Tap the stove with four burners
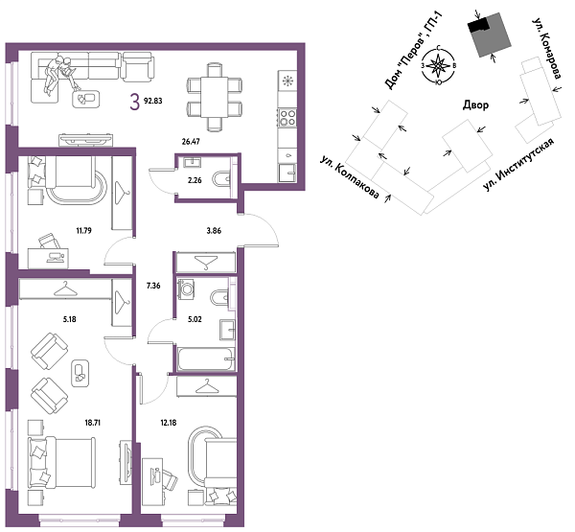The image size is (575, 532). point(287,118)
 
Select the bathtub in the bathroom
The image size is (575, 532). point(204,361)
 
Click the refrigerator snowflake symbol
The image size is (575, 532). point(287,78)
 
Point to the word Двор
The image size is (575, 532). point(474,105)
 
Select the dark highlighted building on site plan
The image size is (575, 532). point(488,37)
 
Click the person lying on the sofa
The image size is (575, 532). point(63,74)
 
